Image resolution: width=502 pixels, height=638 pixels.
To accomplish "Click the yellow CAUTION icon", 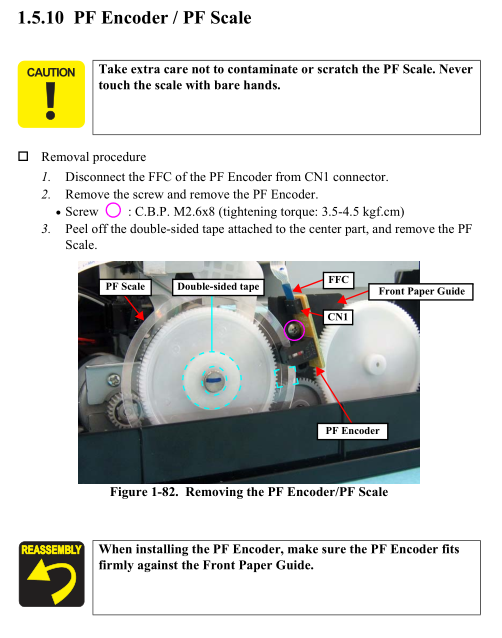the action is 51,94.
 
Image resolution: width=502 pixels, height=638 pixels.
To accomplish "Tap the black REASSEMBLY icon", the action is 51,574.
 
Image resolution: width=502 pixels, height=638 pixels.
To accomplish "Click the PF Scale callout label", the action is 125,286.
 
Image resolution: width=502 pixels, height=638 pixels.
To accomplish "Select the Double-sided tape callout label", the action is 218,287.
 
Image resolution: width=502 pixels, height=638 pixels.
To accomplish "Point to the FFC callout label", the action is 338,280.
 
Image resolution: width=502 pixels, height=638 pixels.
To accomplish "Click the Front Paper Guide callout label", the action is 421,291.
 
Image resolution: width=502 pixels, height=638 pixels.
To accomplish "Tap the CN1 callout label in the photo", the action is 338,317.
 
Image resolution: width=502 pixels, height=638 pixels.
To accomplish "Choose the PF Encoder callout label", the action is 352,431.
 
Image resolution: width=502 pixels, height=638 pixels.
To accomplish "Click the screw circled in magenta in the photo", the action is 294,330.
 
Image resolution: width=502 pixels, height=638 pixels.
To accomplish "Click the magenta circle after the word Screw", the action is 113,211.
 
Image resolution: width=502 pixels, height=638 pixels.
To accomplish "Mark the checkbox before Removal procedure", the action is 23,156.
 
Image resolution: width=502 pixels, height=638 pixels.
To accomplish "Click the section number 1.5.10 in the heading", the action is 41,18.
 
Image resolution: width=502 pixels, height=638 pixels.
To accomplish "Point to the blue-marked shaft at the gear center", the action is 212,380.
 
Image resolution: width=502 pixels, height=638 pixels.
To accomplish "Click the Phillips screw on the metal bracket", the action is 113,380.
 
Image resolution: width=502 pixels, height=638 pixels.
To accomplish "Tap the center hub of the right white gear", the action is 376,363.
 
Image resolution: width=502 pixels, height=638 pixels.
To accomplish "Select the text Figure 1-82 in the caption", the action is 144,492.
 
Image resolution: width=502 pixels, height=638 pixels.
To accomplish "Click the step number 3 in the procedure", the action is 46,229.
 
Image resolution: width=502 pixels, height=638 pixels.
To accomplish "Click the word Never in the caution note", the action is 456,69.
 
